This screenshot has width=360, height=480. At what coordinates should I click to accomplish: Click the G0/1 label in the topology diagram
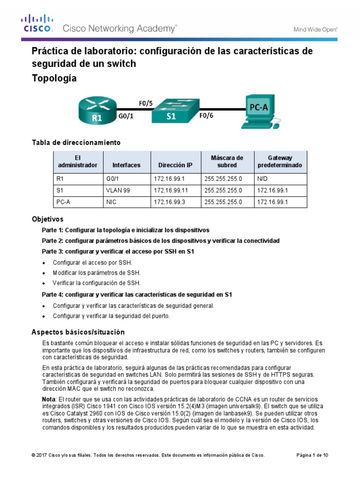click(x=125, y=118)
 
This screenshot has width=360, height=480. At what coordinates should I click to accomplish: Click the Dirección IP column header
click(x=175, y=165)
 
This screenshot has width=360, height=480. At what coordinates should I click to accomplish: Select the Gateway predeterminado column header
click(x=280, y=162)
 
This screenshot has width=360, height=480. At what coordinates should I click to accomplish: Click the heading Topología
click(x=54, y=78)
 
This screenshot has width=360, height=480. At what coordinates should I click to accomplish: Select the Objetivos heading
click(x=47, y=219)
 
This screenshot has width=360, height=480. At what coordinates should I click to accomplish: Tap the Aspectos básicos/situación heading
click(x=78, y=332)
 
